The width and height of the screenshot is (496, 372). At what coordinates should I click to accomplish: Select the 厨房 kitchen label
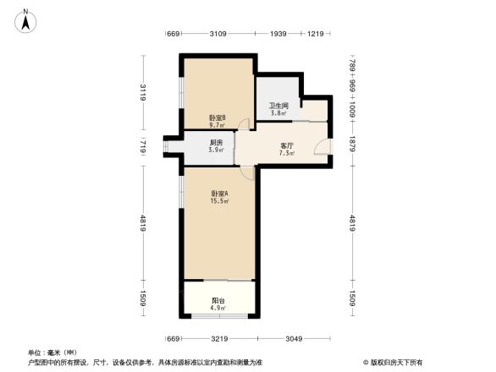(217, 143)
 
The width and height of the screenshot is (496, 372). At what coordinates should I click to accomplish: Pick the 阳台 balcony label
(218, 300)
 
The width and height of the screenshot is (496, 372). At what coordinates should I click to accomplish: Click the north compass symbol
(26, 19)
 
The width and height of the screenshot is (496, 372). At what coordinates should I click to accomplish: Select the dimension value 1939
(278, 34)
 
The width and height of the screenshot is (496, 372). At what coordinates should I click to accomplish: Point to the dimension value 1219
(317, 34)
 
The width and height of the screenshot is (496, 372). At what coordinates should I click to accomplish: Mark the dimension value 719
(144, 147)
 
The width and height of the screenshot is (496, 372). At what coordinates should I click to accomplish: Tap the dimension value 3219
(219, 340)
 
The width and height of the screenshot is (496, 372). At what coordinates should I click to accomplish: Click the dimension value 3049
(295, 340)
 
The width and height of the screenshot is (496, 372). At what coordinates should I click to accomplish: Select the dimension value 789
(352, 64)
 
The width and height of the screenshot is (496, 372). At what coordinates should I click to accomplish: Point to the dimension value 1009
(352, 110)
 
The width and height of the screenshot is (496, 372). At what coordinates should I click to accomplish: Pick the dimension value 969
(352, 85)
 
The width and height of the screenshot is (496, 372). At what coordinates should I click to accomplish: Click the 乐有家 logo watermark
(391, 361)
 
